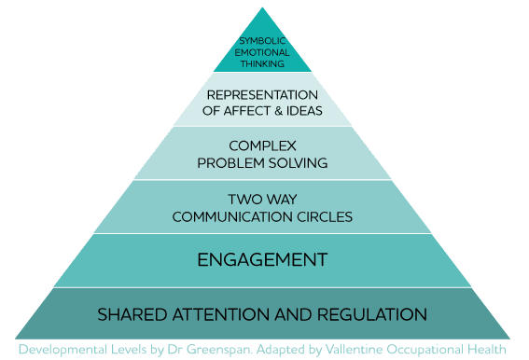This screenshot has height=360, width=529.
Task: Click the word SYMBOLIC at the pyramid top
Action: point(262,41)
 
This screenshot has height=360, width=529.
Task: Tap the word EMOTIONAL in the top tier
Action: point(262,52)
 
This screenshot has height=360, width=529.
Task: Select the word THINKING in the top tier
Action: point(262,63)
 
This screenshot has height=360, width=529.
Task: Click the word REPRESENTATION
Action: point(262,95)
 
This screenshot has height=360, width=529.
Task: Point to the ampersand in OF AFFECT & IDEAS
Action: point(279,111)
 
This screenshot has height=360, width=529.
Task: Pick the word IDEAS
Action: point(304,111)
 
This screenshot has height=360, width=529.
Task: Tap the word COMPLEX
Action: point(262,146)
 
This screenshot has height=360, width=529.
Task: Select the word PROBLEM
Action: point(231,163)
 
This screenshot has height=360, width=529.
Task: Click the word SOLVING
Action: point(299,163)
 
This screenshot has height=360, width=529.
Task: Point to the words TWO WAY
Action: point(262,200)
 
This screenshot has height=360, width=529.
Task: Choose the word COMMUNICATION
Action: point(232,217)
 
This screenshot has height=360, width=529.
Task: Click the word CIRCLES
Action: point(325,217)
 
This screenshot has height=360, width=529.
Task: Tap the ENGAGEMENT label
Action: point(262,260)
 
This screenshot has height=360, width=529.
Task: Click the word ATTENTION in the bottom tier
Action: point(221,315)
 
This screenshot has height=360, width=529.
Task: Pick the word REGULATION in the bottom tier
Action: point(372,315)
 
